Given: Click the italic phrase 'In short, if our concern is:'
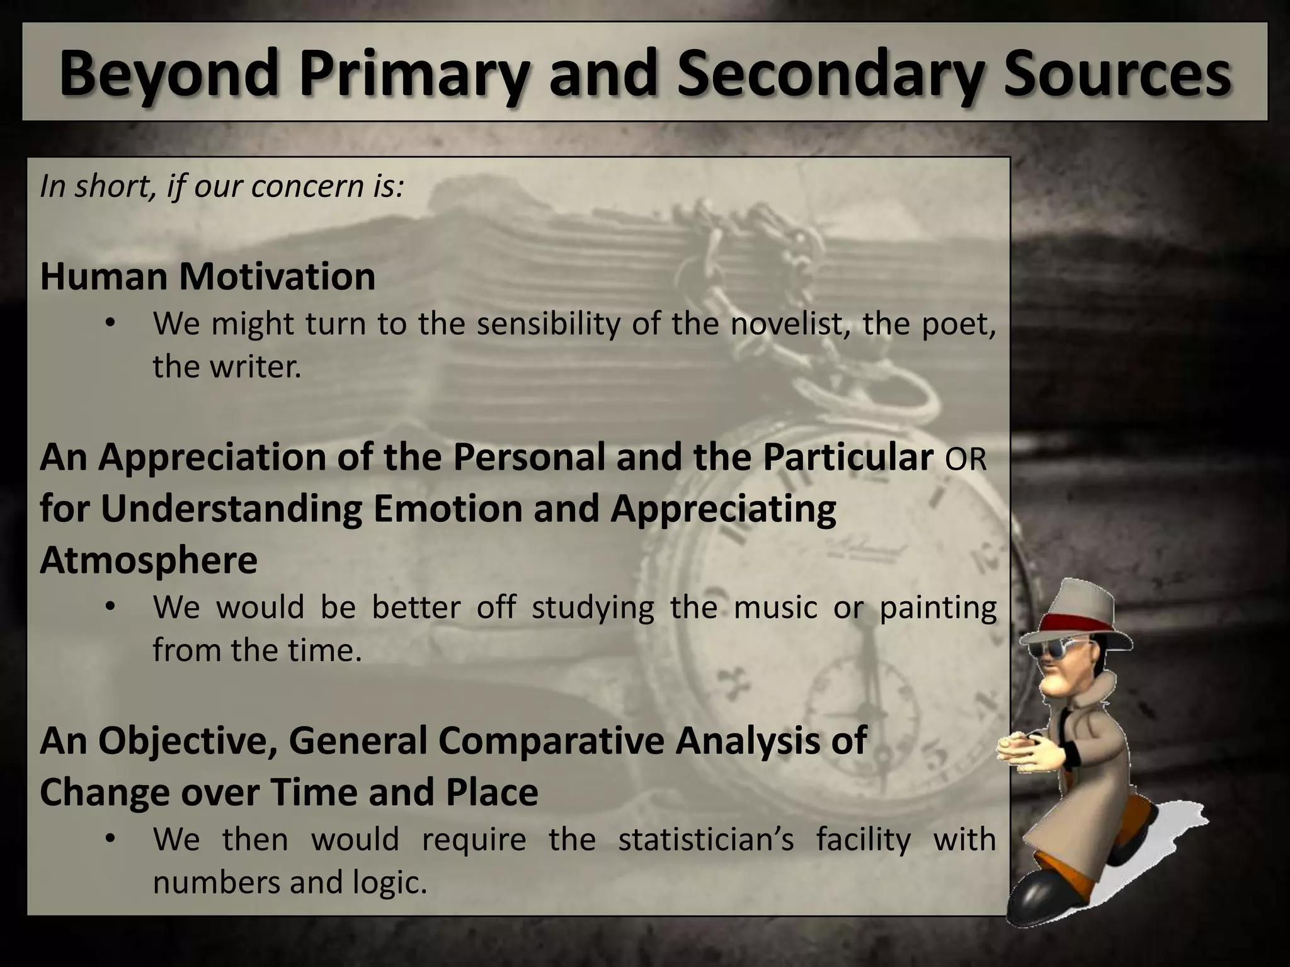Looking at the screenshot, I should [221, 186].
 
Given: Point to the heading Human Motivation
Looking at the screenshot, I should [207, 276].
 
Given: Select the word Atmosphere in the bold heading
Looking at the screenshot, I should [149, 560].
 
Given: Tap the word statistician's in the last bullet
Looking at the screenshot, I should [705, 839].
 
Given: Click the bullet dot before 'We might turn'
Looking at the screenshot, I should [111, 324].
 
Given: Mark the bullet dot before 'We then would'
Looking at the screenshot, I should [111, 839].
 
